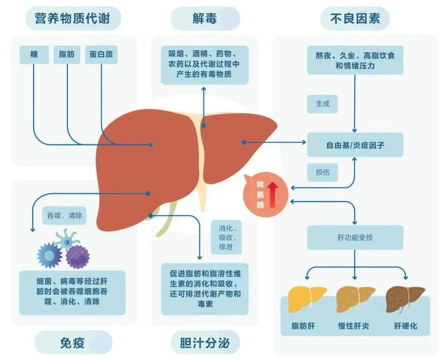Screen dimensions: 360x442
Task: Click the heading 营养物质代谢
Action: [x=73, y=19]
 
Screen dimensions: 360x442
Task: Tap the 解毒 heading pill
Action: [x=205, y=19]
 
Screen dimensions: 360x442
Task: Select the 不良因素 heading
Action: [x=355, y=19]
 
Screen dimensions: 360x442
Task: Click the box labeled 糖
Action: [x=34, y=55]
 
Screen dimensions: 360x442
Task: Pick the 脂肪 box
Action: [x=67, y=55]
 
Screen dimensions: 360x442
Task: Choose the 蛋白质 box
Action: [x=101, y=55]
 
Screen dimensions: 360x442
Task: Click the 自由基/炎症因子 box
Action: [x=355, y=145]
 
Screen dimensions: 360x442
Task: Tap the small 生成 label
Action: [x=322, y=104]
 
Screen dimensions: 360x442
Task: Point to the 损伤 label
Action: [x=322, y=173]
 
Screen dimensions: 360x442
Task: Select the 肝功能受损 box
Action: [x=355, y=238]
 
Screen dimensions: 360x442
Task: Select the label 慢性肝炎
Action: [x=353, y=326]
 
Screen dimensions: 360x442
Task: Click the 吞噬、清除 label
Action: [x=64, y=215]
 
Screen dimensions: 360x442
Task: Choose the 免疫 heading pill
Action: [x=73, y=343]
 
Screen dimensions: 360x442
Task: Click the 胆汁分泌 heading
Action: [x=205, y=343]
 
